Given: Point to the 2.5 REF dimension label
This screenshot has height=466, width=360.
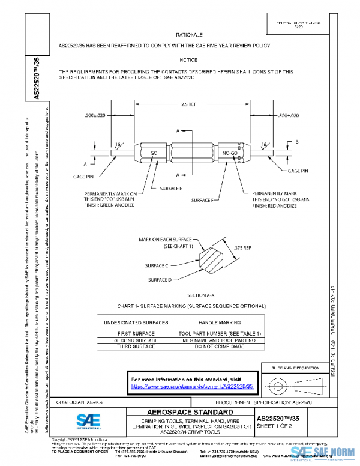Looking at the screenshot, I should [x=188, y=104].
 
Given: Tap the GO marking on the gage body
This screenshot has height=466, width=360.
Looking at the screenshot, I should [x=154, y=154].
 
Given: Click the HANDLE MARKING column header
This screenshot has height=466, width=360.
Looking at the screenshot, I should [x=220, y=322].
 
